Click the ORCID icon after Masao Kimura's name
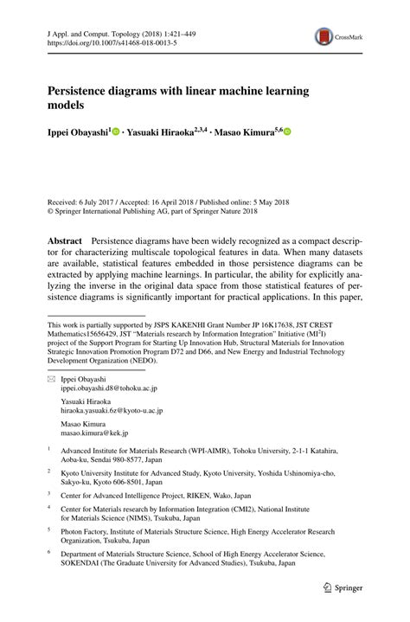288,132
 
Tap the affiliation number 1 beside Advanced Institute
49,451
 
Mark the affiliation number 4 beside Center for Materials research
49,510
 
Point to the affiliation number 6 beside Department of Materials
49,552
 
